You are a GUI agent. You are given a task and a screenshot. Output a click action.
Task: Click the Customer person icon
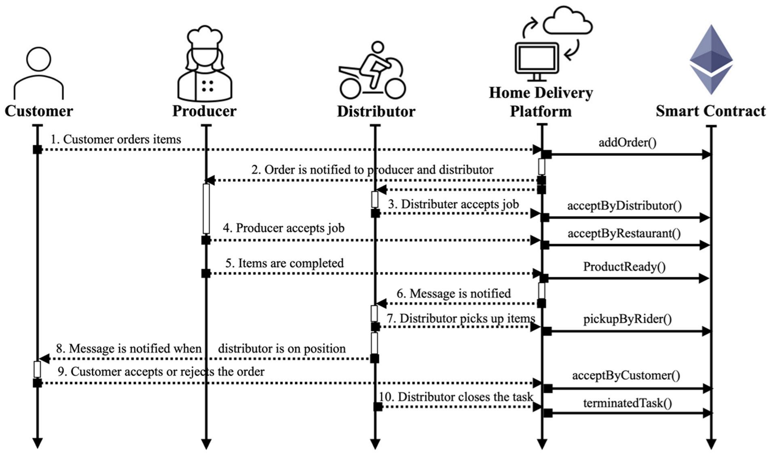coord(38,73)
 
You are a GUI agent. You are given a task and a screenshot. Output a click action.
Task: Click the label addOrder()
coord(627,142)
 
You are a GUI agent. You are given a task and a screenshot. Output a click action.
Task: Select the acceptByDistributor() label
coord(624,205)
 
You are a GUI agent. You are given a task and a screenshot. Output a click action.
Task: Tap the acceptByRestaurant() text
coord(624,233)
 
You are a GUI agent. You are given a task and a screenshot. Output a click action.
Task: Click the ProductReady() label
coord(624,267)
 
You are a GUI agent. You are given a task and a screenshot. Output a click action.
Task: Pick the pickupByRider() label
coord(627,319)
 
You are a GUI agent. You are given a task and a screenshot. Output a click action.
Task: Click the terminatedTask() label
coord(627,403)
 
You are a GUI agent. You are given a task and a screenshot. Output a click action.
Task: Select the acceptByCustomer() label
coord(626,375)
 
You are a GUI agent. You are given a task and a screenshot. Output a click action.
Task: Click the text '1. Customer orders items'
coord(116,139)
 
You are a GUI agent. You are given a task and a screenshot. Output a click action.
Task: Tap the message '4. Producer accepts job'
coord(283,228)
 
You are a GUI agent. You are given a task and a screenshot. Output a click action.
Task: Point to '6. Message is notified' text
coord(453,293)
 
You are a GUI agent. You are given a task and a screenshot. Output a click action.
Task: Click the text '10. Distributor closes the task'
coord(456,397)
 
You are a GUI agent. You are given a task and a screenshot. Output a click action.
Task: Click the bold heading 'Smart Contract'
coord(710,111)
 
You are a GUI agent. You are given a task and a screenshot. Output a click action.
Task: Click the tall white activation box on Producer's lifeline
coord(206,209)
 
